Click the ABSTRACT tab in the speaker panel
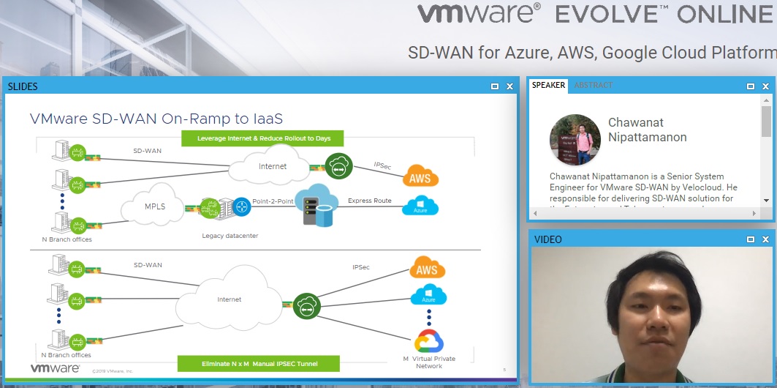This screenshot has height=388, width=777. click(593, 86)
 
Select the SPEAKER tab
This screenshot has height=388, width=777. click(548, 86)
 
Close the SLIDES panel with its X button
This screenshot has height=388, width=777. click(509, 86)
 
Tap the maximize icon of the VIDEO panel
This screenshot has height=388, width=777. click(751, 239)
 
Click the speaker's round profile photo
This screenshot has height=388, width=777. click(575, 140)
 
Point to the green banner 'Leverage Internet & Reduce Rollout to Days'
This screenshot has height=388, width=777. click(262, 138)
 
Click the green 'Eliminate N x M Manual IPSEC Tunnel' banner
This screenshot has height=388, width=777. click(259, 363)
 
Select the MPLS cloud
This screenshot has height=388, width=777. click(154, 206)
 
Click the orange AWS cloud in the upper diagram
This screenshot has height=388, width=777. click(420, 178)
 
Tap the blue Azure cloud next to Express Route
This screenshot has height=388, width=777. click(420, 208)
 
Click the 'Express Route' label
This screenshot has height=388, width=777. click(369, 201)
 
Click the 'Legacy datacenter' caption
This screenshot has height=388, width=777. click(230, 236)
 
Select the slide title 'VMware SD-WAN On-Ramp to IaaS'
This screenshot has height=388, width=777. click(156, 119)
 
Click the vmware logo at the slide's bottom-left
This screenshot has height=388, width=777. click(55, 368)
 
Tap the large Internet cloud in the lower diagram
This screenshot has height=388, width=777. click(230, 299)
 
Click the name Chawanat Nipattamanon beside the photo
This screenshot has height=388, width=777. click(647, 130)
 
